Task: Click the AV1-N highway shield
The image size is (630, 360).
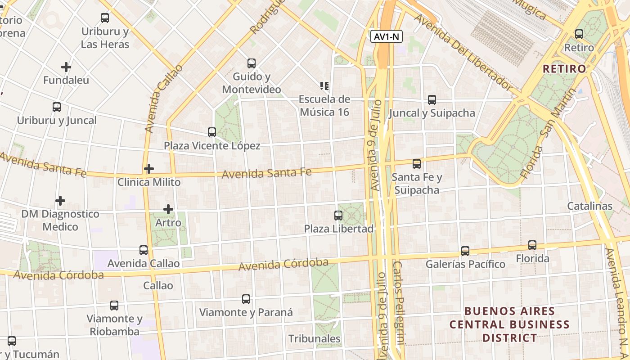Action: click(387, 37)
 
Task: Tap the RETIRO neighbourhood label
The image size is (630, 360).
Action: click(564, 69)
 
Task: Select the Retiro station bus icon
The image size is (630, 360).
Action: click(579, 34)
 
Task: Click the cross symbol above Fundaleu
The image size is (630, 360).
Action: click(66, 67)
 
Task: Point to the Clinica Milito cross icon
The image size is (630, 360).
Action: click(149, 169)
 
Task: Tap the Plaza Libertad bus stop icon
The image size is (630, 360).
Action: click(338, 216)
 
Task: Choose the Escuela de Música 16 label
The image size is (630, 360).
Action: click(324, 106)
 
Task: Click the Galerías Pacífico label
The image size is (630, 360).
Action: click(465, 264)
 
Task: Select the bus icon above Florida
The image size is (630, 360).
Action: click(532, 245)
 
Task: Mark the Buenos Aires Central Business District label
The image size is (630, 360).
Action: click(509, 324)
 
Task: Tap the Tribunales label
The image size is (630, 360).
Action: click(314, 338)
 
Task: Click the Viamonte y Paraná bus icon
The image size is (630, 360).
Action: click(246, 299)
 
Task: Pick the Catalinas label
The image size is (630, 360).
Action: click(589, 206)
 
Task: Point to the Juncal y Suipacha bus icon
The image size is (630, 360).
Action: click(432, 100)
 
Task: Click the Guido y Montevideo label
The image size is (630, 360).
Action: click(252, 83)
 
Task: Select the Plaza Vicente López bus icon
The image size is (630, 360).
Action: click(212, 132)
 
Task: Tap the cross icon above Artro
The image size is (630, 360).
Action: click(168, 209)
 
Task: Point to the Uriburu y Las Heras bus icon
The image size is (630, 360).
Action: click(105, 18)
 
